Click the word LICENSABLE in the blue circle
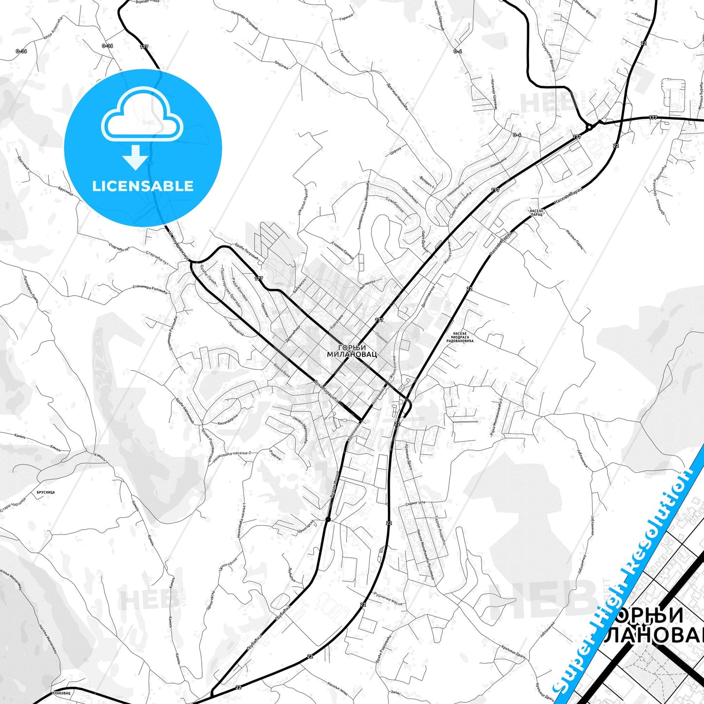[x=143, y=186]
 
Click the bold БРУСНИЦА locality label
[x=46, y=493]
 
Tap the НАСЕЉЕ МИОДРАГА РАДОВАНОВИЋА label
[x=460, y=338]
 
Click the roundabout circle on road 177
[x=589, y=127]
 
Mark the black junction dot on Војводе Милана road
[x=328, y=519]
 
